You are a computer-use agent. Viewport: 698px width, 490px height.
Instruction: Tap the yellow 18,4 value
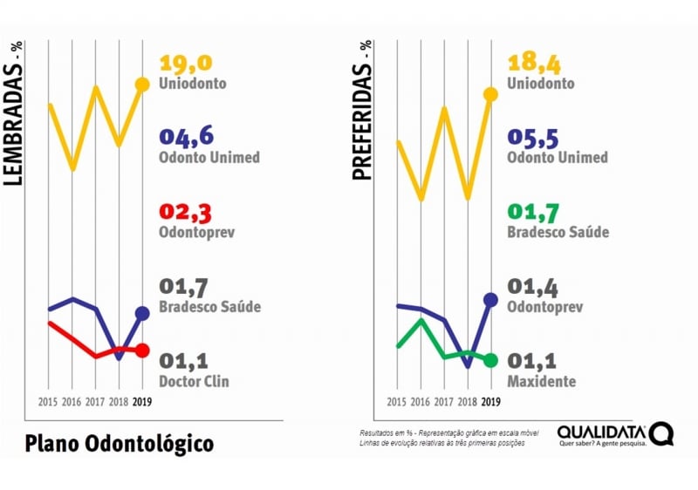tap(531, 64)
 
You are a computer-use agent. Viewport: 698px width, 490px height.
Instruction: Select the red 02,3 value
tap(186, 213)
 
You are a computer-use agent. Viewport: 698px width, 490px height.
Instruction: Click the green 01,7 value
tap(531, 213)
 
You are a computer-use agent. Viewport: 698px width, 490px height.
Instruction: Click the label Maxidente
tap(541, 382)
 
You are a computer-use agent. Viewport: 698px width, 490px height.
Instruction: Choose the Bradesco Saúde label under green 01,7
tap(558, 233)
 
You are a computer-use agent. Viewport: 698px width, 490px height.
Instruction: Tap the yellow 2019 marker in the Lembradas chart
tap(142, 85)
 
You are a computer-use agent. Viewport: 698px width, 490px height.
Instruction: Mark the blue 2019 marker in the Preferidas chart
tap(490, 300)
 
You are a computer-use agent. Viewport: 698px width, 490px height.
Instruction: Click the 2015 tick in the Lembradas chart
tap(50, 402)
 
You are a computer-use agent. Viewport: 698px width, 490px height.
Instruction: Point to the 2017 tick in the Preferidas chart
tap(444, 402)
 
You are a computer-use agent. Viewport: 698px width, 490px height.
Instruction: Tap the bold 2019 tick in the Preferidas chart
tap(490, 402)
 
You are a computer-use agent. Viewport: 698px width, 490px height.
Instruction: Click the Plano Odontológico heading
tap(120, 443)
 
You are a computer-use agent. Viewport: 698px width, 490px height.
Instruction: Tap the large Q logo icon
tap(661, 433)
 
